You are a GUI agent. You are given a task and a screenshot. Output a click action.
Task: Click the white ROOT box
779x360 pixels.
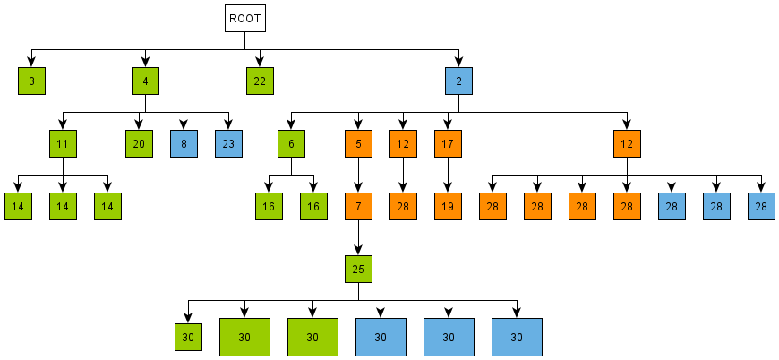(x=244, y=19)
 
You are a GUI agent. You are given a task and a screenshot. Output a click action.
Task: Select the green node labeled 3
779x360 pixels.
(x=31, y=81)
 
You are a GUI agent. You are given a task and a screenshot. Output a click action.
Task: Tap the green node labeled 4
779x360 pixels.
(x=144, y=81)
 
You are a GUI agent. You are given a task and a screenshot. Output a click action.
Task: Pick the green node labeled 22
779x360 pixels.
(x=260, y=81)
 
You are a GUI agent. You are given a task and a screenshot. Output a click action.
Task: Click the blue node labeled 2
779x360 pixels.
(x=458, y=81)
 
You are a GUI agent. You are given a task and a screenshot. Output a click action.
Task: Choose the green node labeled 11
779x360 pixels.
(x=63, y=143)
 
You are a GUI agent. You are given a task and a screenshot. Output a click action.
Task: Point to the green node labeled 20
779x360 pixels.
(x=139, y=143)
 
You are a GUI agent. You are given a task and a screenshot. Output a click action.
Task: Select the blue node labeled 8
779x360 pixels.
(x=184, y=143)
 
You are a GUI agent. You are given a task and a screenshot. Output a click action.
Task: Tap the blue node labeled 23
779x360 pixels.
(x=228, y=143)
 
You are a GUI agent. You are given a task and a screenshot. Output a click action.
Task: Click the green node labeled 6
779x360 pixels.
(x=291, y=143)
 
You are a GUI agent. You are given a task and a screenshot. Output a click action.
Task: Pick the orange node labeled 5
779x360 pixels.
(x=358, y=143)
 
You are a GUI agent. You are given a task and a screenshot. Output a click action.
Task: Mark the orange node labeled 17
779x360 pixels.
(x=448, y=143)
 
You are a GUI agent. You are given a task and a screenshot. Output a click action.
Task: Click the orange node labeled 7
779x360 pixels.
(x=358, y=206)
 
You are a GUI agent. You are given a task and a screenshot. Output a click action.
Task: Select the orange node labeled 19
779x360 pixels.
(x=448, y=206)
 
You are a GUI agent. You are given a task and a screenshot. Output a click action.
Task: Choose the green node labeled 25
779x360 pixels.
(x=358, y=269)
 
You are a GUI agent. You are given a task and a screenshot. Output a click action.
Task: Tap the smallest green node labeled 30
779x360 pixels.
(x=187, y=337)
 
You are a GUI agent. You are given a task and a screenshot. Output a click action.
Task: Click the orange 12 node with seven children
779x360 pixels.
(x=627, y=143)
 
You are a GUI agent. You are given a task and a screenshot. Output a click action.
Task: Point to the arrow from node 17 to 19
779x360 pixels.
(x=448, y=175)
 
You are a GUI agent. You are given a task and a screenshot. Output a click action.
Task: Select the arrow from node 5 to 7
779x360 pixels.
(x=358, y=175)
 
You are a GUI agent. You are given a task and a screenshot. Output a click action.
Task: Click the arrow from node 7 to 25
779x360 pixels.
(x=358, y=237)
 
